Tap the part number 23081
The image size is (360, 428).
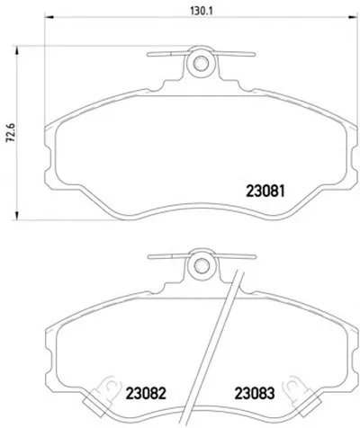[265, 191]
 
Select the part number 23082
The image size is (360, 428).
[146, 393]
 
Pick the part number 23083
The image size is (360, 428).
[255, 393]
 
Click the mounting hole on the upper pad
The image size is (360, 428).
[201, 63]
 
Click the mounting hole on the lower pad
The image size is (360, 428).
[201, 265]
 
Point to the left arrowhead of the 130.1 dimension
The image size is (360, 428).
[49, 17]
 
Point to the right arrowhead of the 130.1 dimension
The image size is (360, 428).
[353, 17]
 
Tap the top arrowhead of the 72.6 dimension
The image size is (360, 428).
[17, 51]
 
